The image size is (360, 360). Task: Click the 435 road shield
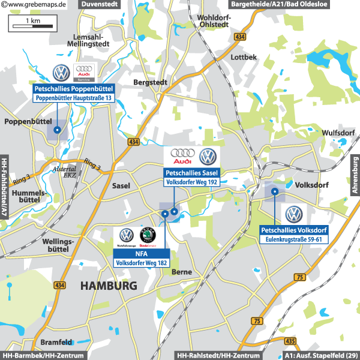pos(291,341)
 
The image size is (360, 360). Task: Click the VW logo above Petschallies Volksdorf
pos(293,214)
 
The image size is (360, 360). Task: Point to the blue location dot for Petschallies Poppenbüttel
pos(57,130)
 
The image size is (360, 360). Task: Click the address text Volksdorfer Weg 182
pos(142,263)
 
